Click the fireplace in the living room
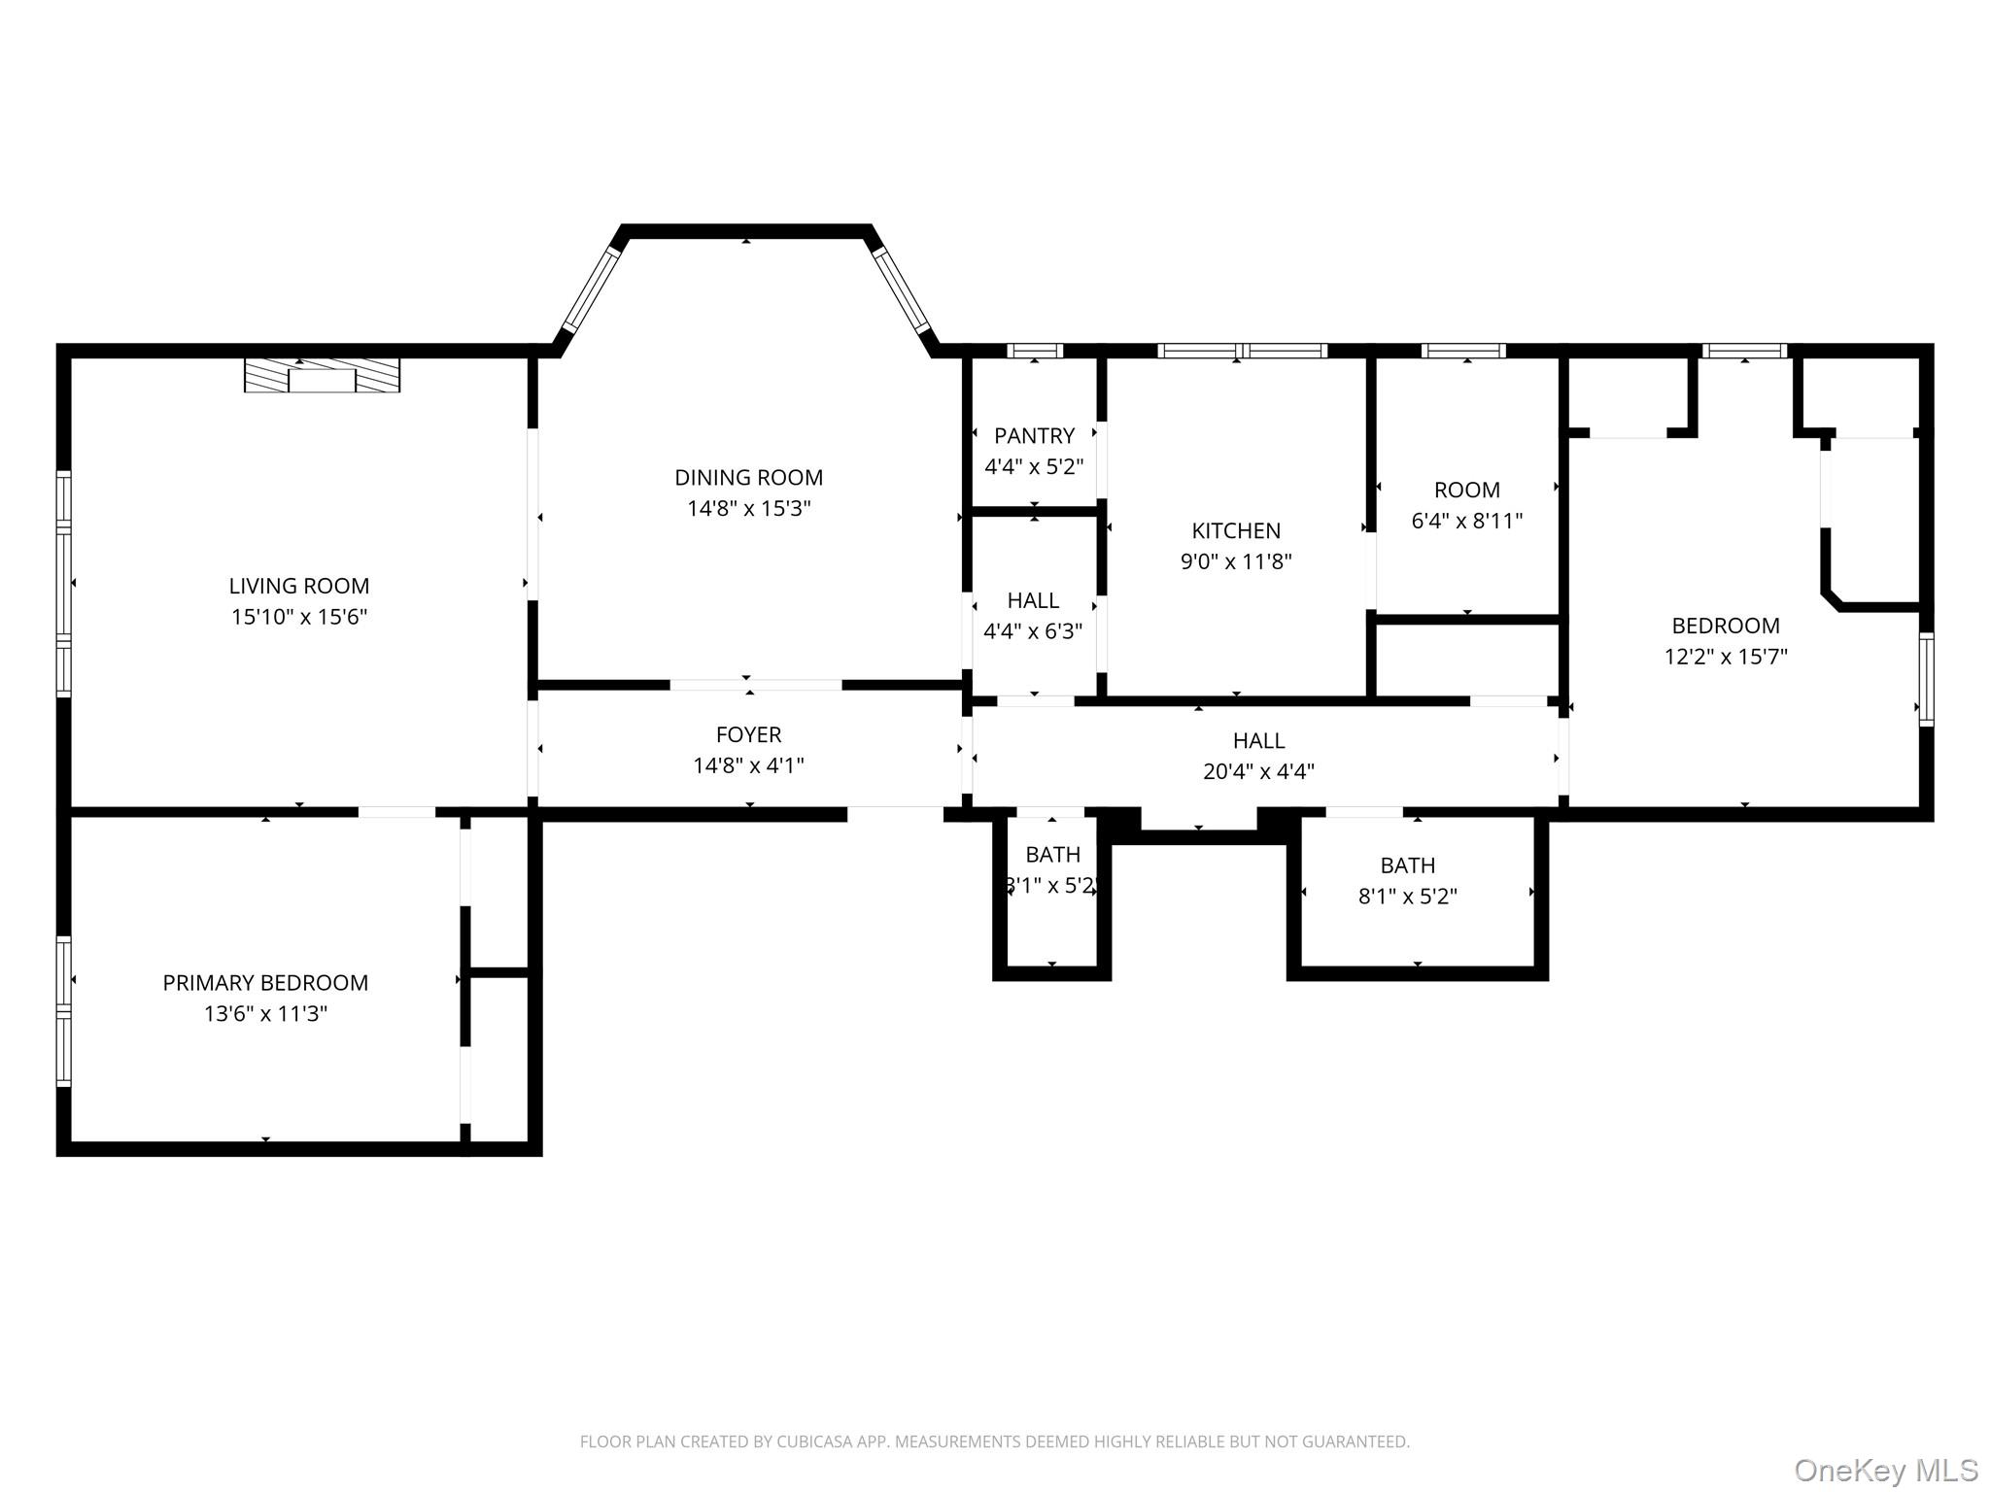(x=322, y=375)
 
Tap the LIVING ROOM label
(x=299, y=586)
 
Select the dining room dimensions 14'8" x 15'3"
(x=749, y=508)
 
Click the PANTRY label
(x=1034, y=435)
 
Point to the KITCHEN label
(x=1236, y=530)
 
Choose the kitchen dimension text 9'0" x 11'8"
(x=1236, y=561)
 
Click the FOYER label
(x=748, y=734)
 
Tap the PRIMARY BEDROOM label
(x=265, y=982)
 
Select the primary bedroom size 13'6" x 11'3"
(x=265, y=1013)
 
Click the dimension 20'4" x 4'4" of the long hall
(x=1258, y=771)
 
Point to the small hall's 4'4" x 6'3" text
(x=1033, y=631)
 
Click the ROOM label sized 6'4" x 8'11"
(x=1466, y=490)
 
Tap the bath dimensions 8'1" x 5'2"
(x=1407, y=896)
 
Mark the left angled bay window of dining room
(x=592, y=289)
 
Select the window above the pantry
(x=1034, y=351)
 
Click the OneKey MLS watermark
(x=1886, y=1470)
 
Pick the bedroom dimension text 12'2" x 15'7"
(x=1726, y=657)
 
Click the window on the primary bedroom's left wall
(x=64, y=1009)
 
